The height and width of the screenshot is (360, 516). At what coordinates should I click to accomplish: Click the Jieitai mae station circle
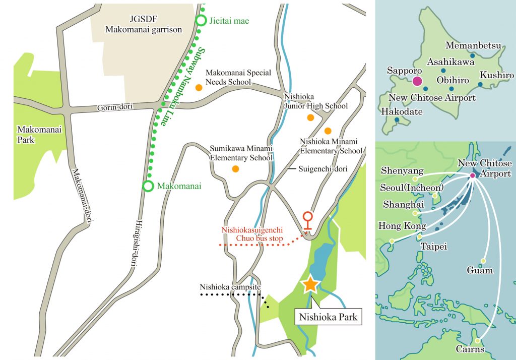point(201,21)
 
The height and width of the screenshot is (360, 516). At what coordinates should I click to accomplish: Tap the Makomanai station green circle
point(148,186)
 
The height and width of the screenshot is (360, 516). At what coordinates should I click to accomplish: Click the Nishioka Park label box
point(328,317)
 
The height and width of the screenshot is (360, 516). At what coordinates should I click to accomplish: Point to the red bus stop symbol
point(307,221)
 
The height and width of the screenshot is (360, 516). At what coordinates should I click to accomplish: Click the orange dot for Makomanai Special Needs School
point(199,87)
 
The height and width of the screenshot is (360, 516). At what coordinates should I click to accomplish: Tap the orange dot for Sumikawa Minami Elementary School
point(235,168)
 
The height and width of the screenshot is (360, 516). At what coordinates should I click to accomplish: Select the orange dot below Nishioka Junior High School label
point(310,117)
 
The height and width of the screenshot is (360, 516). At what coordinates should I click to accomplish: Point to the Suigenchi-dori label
point(322,169)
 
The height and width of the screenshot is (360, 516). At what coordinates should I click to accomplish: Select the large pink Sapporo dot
point(417,81)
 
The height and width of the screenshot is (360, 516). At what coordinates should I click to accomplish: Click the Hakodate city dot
point(397,120)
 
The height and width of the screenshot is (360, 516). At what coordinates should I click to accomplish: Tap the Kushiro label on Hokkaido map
point(496,75)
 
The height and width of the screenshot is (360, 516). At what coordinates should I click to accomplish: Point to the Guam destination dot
point(483,261)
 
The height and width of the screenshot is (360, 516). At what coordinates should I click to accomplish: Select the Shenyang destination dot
point(415,179)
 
